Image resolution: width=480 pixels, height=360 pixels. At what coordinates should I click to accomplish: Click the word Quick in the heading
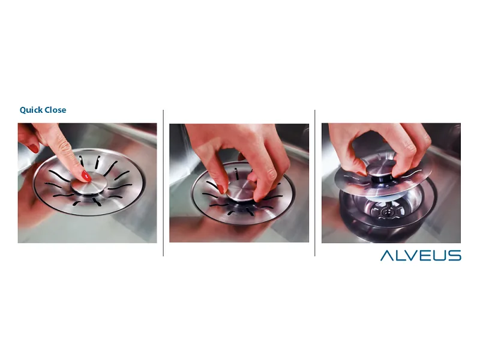pos(31,110)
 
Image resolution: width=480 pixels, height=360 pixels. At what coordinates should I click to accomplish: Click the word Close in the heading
pos(55,110)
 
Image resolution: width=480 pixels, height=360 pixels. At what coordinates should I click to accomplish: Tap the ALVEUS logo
pos(421,256)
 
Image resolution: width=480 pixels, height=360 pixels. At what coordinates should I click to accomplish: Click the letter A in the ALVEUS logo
pos(387,256)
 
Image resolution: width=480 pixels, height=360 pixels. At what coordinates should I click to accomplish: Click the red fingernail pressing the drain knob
pos(86,176)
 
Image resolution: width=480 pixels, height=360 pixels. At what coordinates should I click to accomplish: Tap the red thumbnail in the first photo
pos(34,149)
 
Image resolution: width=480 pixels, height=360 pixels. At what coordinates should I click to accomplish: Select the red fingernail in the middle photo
pos(220,189)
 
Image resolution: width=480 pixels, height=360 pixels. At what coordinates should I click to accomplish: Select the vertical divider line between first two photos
pos(163,183)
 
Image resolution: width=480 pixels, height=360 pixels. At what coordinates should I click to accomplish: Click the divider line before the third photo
pos(314,183)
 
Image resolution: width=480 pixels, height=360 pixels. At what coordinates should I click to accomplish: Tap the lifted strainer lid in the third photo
pos(383,181)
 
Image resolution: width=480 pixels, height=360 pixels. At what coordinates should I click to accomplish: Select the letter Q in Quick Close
pos(23,110)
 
